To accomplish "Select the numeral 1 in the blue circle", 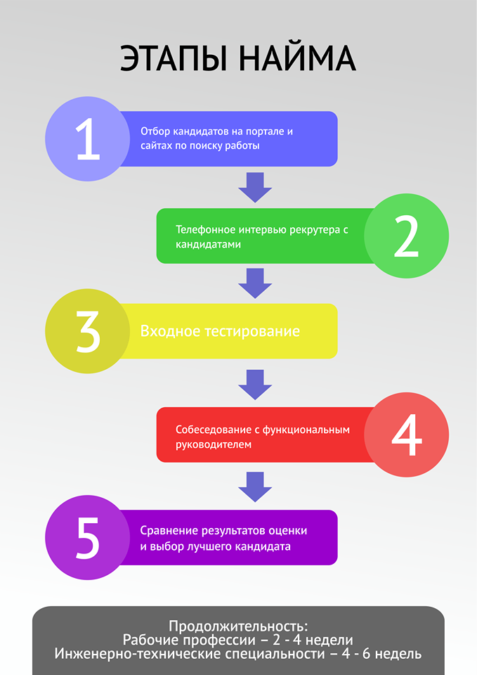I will (x=88, y=139).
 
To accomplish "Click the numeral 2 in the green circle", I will (x=406, y=236).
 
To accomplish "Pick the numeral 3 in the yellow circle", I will (x=88, y=331).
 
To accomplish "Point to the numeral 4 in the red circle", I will (x=406, y=435).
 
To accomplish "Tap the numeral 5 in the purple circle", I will (x=88, y=538).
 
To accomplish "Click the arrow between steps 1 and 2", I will (x=254, y=186).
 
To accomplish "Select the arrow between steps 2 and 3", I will (x=254, y=282).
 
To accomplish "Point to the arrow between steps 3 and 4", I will (x=254, y=384).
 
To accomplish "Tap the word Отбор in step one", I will (x=155, y=132).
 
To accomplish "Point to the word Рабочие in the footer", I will (x=151, y=640).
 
